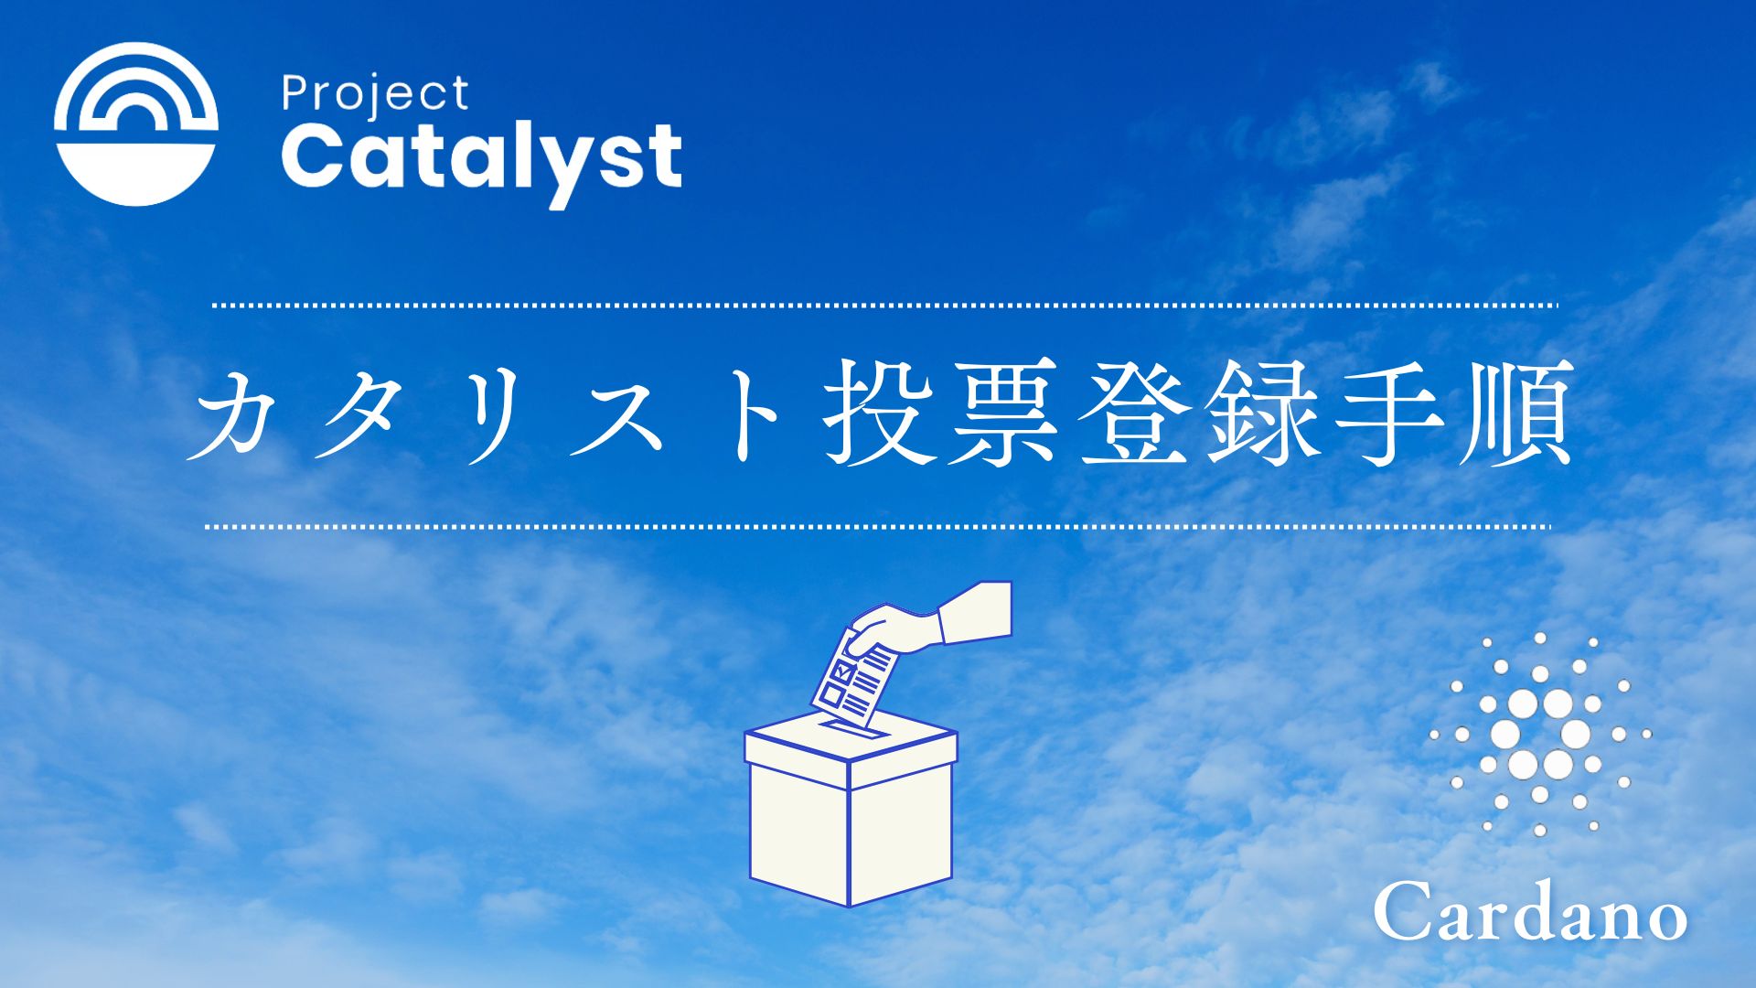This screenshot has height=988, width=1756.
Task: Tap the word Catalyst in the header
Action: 481,161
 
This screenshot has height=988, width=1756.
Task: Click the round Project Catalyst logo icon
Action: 135,123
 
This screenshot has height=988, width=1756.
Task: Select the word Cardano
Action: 1529,912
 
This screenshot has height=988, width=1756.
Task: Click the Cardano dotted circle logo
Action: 1540,734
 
